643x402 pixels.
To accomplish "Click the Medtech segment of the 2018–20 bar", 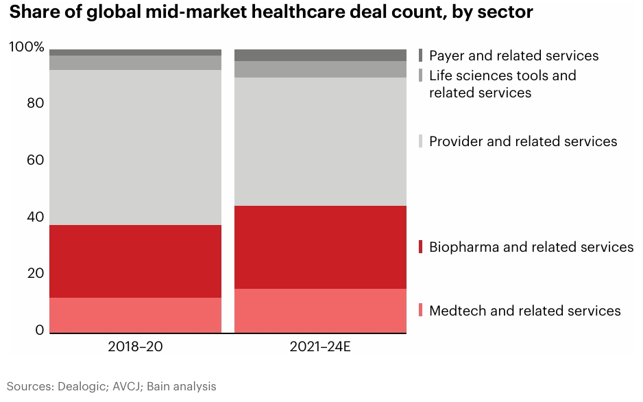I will tap(135, 315).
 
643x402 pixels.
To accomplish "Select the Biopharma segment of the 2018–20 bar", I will tap(135, 261).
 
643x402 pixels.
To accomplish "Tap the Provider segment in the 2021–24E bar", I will tap(320, 141).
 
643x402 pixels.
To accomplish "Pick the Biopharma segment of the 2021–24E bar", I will tap(320, 247).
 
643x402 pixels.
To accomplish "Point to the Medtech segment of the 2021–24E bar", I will tap(320, 311).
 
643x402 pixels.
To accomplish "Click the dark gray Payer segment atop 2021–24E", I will tap(320, 55).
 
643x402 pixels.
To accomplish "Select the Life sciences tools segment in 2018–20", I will tap(135, 62).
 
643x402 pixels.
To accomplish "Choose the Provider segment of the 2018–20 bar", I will tap(135, 147).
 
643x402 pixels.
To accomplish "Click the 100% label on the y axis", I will tap(27, 47).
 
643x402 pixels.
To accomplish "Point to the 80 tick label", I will tap(36, 104).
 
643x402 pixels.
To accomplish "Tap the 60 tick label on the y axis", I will tap(36, 161).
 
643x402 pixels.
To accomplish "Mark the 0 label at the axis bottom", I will tap(40, 331).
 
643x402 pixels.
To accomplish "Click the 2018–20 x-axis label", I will tap(135, 346).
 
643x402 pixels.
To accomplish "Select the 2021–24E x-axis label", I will tap(320, 346).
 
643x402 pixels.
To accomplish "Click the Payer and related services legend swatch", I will tap(421, 56).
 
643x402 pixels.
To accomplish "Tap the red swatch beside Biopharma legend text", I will tap(421, 247).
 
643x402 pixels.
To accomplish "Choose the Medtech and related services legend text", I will tap(524, 311).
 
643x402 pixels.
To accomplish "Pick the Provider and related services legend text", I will tap(523, 141).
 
